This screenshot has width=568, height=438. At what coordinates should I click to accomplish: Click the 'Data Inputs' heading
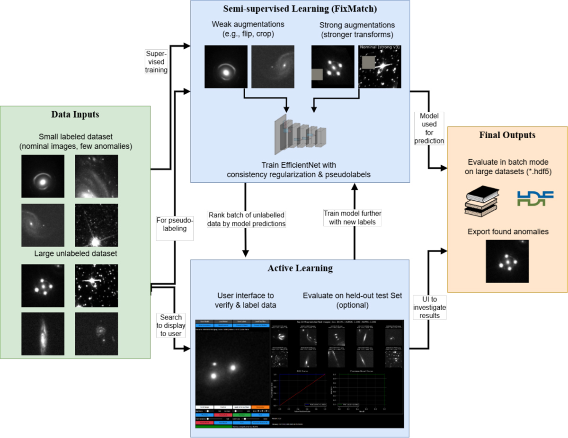[x=76, y=115]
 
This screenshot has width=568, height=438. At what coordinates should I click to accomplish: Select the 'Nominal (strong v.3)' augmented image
[x=380, y=67]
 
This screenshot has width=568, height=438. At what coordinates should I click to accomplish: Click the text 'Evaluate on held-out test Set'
[x=353, y=295]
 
